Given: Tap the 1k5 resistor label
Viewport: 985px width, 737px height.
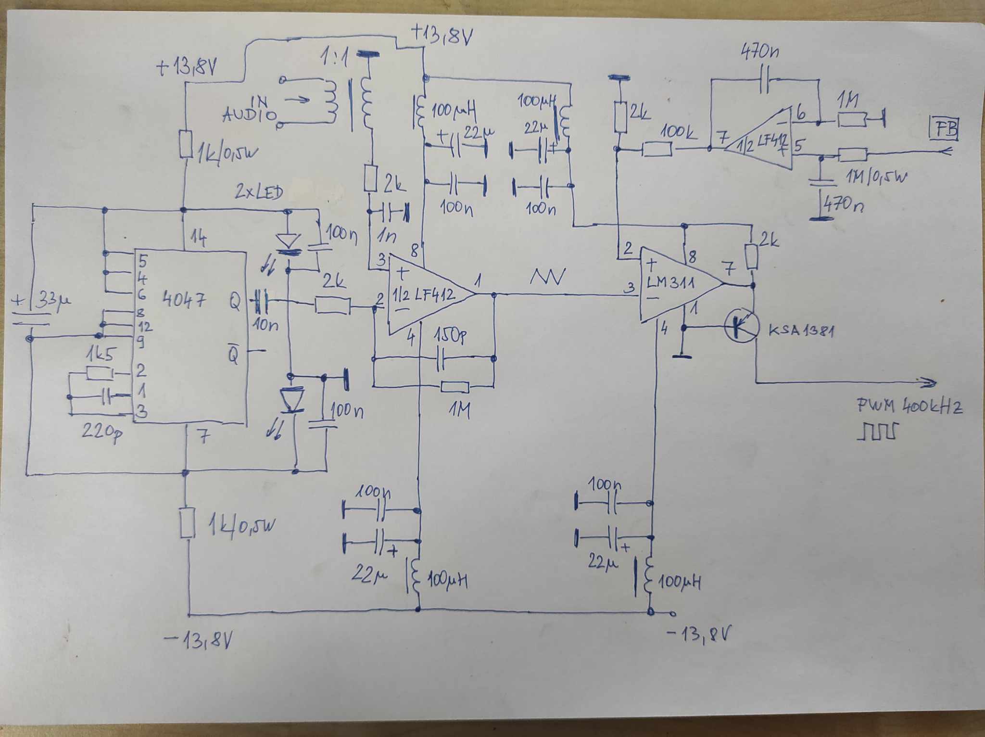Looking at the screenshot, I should [x=100, y=355].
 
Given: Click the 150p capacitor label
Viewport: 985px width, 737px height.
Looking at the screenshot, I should [x=449, y=336].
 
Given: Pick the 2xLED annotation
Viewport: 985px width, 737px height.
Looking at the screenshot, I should [x=259, y=192].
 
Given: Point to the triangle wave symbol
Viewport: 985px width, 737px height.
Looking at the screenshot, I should [x=548, y=277].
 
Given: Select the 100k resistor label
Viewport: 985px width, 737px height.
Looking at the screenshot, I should [x=679, y=131].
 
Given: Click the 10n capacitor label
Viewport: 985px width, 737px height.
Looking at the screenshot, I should [x=265, y=325].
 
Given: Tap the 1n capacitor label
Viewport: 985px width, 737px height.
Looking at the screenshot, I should [x=386, y=236].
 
